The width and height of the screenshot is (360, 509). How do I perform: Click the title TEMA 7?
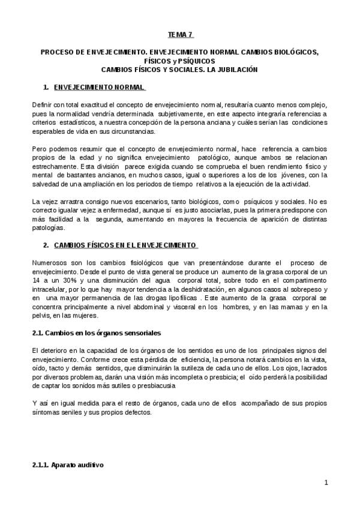180,35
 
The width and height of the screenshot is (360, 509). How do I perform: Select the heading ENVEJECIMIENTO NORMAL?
99,87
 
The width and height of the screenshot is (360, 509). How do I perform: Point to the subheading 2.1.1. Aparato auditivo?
68,465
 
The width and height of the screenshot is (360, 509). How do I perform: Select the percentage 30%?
71,280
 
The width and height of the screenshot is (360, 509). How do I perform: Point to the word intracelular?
50,289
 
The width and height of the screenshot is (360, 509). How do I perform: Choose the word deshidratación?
191,289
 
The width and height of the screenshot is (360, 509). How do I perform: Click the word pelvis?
41,316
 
